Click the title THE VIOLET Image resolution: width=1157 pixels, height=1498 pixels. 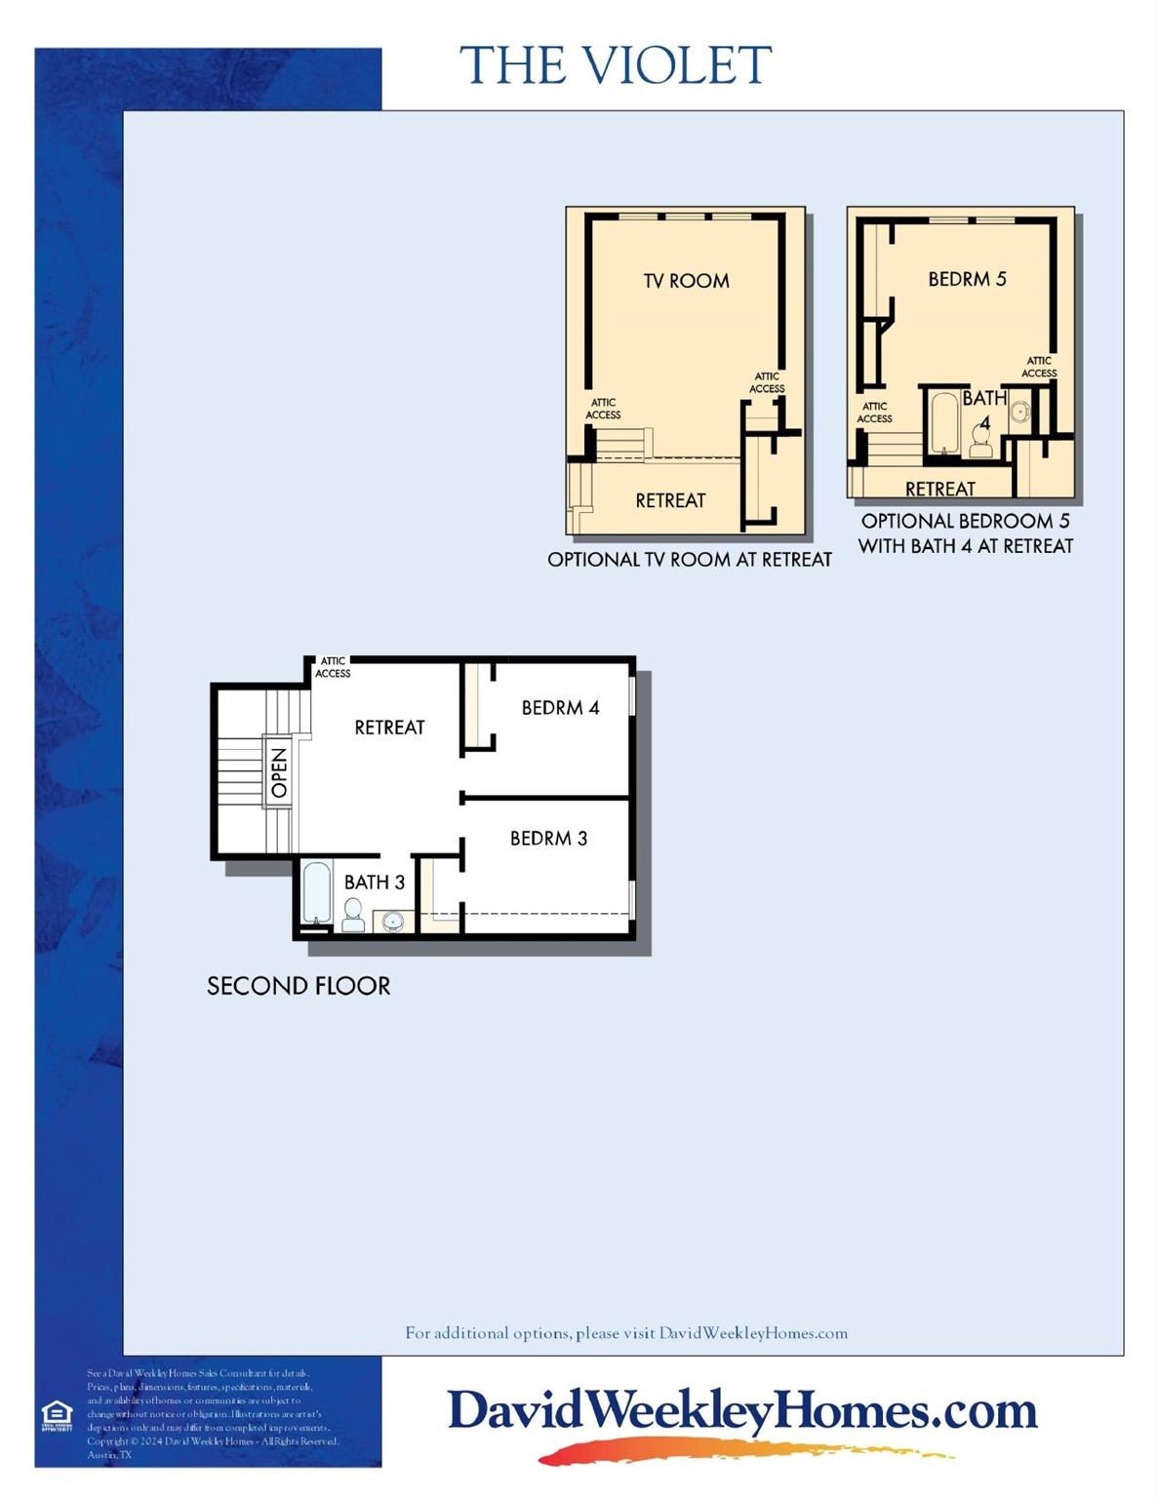coord(616,65)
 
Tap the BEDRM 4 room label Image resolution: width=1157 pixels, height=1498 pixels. coord(560,707)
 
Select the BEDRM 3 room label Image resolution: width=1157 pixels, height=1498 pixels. coord(548,838)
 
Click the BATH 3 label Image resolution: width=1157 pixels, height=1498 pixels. coord(374,882)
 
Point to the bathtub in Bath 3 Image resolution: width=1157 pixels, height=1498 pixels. coord(315,892)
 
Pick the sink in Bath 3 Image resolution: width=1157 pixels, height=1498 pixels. coord(393,920)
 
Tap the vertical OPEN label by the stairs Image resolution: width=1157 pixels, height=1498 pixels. coord(279,772)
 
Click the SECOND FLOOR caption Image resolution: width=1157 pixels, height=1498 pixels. coord(299,986)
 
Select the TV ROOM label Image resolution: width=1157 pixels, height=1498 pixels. coord(686,281)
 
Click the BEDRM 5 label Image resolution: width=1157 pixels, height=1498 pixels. coord(967,279)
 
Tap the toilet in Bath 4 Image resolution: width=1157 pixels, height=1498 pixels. coord(980,443)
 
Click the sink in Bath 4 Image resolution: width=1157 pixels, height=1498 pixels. coord(1020,411)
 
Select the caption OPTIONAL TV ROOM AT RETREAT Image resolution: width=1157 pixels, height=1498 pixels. coord(690,560)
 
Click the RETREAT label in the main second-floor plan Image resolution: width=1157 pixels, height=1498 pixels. coord(389,727)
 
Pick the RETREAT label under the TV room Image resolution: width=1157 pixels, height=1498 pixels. coord(670,500)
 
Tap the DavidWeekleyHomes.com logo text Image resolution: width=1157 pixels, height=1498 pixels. coord(741,1411)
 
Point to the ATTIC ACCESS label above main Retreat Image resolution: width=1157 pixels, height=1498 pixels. coord(333,667)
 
